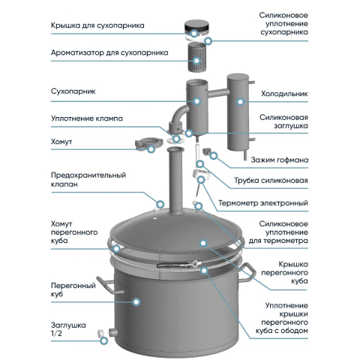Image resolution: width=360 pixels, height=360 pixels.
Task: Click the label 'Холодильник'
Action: coord(284,94)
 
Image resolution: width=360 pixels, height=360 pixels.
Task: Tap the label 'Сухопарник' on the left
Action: coord(73,91)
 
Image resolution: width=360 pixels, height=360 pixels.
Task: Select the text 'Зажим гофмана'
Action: coord(280,160)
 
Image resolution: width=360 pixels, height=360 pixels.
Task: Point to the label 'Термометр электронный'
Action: coord(263,202)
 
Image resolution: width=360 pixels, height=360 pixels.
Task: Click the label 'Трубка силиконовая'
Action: coord(271,181)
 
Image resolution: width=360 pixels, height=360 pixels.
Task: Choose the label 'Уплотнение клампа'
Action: coord(87,118)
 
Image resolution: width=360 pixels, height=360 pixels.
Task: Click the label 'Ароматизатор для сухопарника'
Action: coord(109,52)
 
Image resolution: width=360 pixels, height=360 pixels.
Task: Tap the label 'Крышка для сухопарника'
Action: coord(97,25)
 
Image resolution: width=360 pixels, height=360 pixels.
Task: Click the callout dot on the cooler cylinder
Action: coord(241,102)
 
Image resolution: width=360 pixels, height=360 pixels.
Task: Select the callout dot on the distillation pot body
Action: coord(136,301)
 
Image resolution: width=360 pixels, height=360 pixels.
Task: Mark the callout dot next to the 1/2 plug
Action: coord(104,340)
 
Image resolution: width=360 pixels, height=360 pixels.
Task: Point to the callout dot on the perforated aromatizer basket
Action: coord(197,61)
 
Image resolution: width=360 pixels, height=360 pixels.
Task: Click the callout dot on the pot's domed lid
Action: coord(203,243)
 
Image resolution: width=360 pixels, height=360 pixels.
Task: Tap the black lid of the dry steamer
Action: coord(196,27)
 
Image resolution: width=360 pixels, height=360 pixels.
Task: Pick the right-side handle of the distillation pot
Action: coord(247,272)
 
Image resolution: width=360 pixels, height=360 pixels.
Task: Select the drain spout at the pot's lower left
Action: coord(113,332)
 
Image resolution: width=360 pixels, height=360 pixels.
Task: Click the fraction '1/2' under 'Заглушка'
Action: coord(56,334)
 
